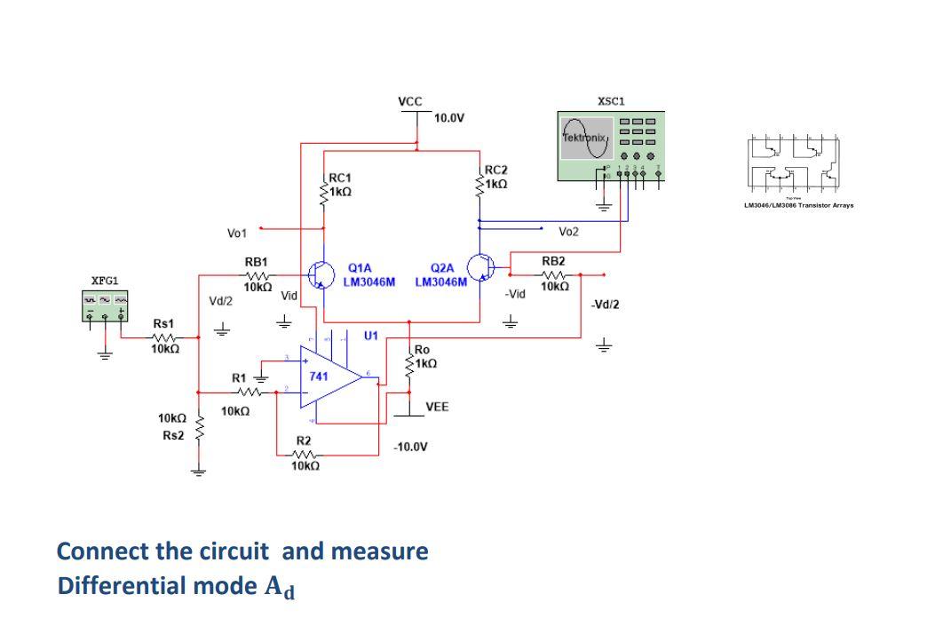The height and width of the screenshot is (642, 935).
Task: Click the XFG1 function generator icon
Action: coord(105,305)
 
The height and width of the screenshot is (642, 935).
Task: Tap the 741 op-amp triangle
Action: coord(328,377)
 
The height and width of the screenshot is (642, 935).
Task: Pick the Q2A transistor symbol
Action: coord(480,266)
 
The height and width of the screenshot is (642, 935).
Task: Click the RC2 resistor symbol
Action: coord(479,184)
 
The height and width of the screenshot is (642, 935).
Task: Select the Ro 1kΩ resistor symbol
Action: coord(409,366)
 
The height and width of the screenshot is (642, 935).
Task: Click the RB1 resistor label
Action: coord(257,263)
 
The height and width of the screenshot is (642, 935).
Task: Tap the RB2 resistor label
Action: coord(553,261)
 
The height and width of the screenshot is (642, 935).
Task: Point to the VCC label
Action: coord(410,101)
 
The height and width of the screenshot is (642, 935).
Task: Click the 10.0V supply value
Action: coord(450,117)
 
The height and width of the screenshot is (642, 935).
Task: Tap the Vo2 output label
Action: coord(568,232)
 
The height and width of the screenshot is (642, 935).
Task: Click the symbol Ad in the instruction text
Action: coord(281,589)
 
